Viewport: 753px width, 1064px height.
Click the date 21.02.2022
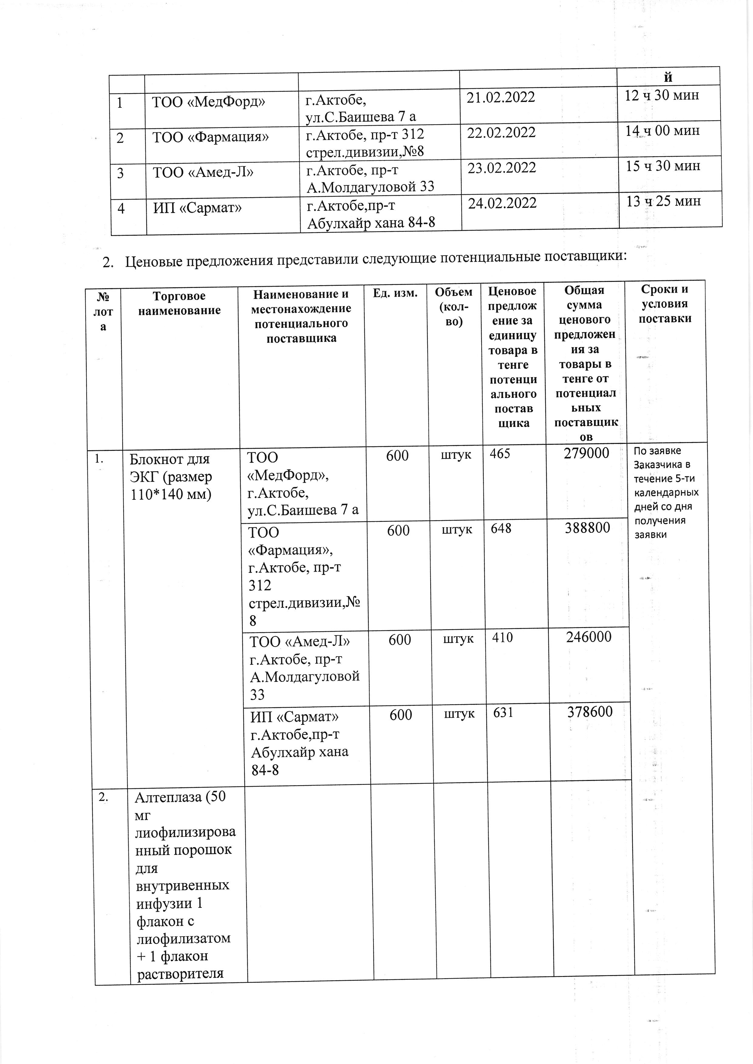click(500, 97)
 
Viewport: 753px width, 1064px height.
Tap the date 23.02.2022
click(501, 168)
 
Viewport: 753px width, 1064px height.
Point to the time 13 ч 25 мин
click(663, 201)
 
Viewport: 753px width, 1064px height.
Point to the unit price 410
click(503, 638)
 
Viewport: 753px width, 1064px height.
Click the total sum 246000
click(588, 637)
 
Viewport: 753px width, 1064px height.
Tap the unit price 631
click(503, 712)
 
